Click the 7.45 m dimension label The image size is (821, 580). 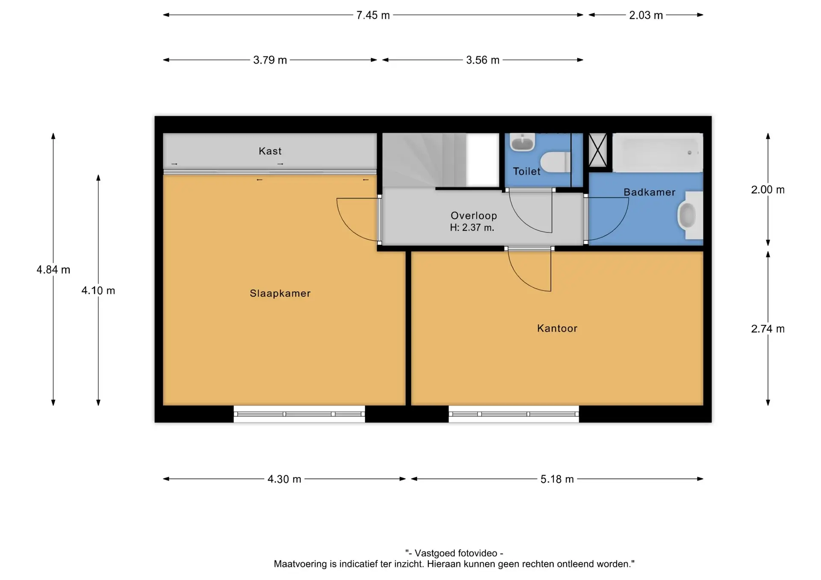click(373, 15)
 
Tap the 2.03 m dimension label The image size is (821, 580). click(646, 15)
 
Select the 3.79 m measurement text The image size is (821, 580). click(270, 60)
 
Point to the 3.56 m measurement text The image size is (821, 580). click(483, 60)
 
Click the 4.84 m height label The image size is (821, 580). click(53, 269)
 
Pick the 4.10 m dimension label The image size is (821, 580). click(98, 290)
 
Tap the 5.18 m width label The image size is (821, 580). click(557, 479)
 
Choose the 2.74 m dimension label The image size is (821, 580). click(768, 329)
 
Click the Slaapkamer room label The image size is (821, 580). click(280, 293)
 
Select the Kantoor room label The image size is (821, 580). click(557, 328)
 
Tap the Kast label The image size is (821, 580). click(270, 151)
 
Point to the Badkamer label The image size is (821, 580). click(650, 192)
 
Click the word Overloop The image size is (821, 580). click(474, 216)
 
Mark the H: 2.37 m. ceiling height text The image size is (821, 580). click(472, 228)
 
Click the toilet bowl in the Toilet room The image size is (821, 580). click(555, 162)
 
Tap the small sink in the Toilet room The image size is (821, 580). click(523, 142)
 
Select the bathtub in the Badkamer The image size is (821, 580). click(658, 152)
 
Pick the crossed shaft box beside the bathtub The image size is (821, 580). click(598, 150)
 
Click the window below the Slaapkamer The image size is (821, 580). click(299, 414)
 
